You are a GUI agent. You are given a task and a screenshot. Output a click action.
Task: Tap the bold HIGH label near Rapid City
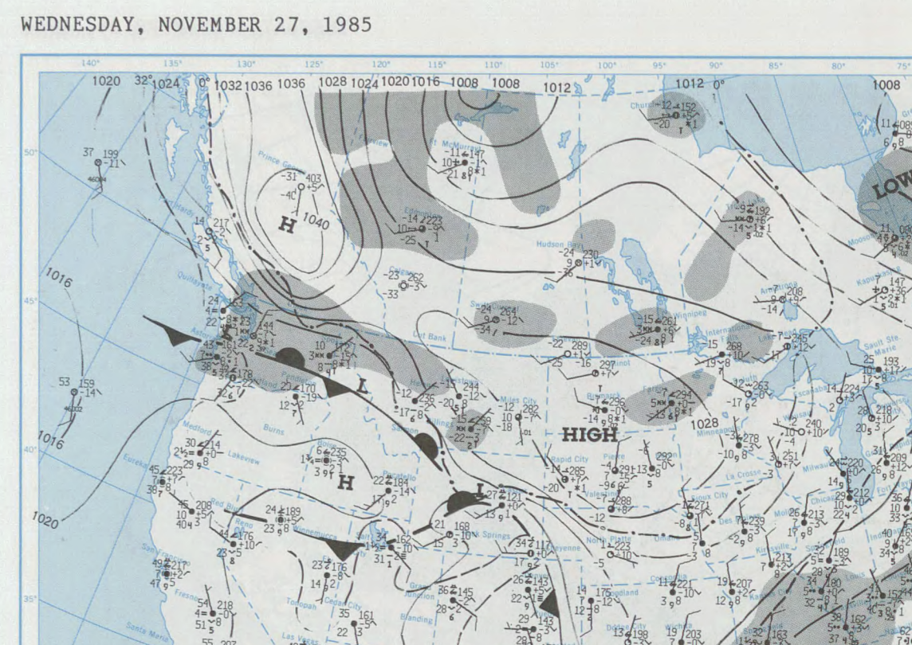590,434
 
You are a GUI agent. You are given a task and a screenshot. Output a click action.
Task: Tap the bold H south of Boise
345,482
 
